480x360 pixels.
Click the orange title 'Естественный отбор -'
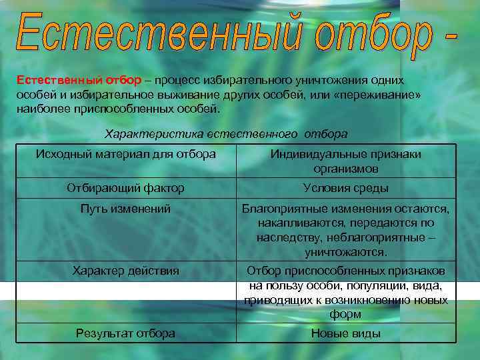(236, 32)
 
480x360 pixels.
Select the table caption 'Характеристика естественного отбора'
(226, 133)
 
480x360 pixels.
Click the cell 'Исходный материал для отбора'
(125, 154)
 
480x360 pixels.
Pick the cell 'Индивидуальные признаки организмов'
(345, 161)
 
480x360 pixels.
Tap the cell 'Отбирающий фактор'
(125, 188)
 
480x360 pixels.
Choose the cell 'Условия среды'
(345, 188)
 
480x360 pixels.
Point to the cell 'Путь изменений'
(125, 209)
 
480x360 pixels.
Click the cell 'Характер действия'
(125, 270)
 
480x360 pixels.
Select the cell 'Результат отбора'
(125, 333)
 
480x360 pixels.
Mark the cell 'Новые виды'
(345, 333)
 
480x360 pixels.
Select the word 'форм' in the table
(345, 314)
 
